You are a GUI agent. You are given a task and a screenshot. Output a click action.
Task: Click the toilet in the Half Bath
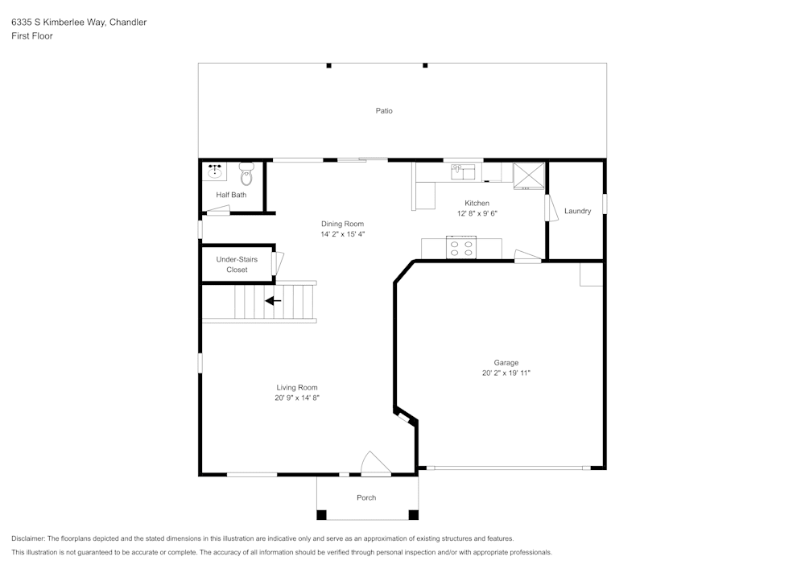tap(246, 174)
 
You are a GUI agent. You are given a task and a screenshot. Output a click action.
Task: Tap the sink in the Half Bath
tap(215, 171)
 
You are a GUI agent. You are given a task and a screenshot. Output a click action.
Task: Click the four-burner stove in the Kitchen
tap(461, 248)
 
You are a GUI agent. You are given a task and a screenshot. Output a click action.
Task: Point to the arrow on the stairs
tap(273, 301)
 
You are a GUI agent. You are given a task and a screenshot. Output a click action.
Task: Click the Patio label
tap(384, 111)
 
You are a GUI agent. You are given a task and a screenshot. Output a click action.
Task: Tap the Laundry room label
tap(577, 211)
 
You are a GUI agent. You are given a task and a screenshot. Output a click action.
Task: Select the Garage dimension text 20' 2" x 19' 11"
tap(506, 373)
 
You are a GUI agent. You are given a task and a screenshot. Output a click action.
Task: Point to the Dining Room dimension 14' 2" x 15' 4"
tap(342, 234)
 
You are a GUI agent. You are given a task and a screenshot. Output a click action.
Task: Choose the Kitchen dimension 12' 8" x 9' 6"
tap(477, 213)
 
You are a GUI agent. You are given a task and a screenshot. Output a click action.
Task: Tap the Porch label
tap(366, 497)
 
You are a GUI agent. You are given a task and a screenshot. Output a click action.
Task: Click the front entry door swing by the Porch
tap(374, 465)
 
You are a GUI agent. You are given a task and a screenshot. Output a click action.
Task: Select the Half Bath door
tap(217, 211)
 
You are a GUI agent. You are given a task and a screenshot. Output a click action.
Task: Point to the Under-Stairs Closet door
tap(278, 263)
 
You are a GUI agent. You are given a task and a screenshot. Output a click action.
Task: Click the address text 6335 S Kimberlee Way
tap(79, 23)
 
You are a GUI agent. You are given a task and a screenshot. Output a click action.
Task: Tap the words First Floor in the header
tap(32, 36)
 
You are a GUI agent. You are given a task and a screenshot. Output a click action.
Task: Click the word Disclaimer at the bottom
tap(28, 538)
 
